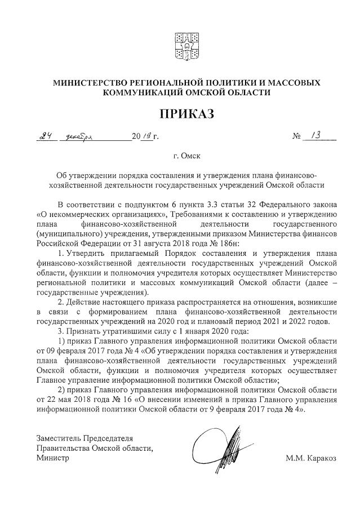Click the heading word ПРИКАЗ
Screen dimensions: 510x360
186,114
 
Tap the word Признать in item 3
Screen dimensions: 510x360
85,331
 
